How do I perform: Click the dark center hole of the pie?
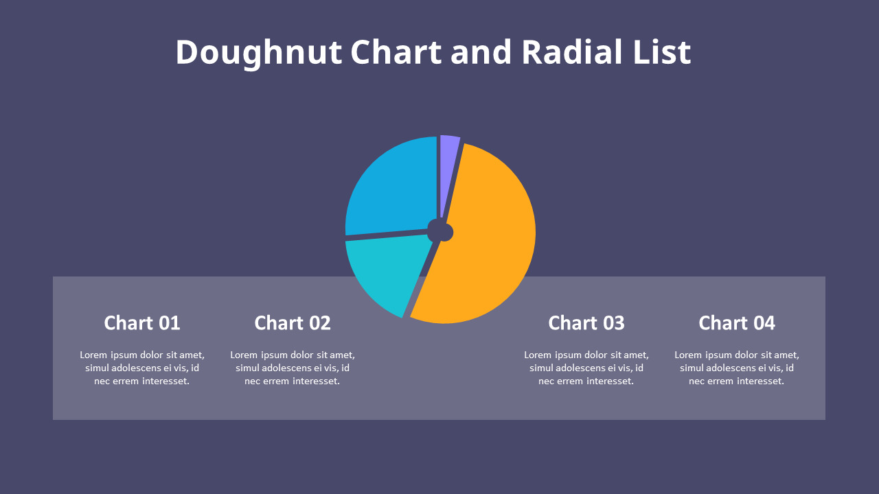click(x=440, y=231)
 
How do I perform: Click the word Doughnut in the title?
click(x=258, y=53)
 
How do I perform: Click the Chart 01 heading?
click(x=142, y=322)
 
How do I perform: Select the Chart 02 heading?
click(x=293, y=322)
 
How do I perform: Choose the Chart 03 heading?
click(x=586, y=322)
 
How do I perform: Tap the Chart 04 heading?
click(x=737, y=322)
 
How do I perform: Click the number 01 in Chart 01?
click(x=169, y=322)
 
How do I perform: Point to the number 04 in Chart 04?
click(x=764, y=322)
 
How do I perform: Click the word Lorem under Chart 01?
click(x=93, y=355)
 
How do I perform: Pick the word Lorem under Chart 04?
click(x=687, y=355)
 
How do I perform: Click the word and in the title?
click(x=481, y=53)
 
